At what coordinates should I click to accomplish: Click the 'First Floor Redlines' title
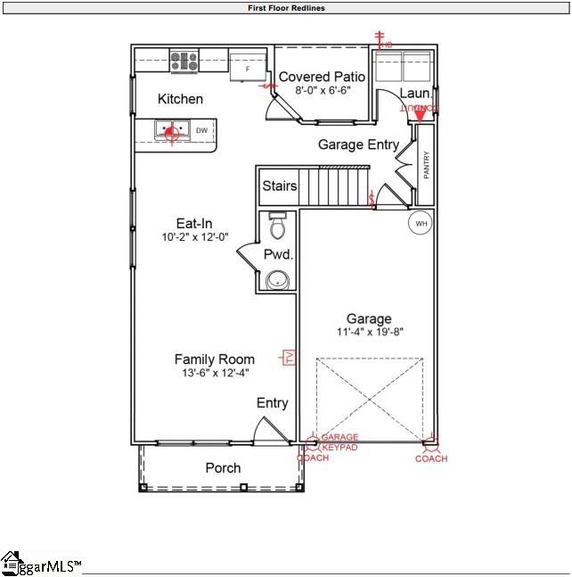point(286,7)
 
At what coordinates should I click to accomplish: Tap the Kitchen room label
point(180,99)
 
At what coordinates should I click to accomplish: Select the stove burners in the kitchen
point(184,61)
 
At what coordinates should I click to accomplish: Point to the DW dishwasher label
point(201,131)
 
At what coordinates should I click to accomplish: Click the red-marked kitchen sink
point(170,131)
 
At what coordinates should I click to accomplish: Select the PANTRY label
point(427,165)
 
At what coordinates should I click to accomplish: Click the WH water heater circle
point(419,222)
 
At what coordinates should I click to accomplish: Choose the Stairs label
point(280,186)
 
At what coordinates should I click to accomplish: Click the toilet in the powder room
point(277,227)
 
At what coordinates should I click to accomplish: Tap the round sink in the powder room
point(278,280)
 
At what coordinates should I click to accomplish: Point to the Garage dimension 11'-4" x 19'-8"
point(369,333)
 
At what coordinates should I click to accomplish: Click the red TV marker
point(289,358)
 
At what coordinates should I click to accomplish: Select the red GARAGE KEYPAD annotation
point(339,441)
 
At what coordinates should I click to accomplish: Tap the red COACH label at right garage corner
point(431,458)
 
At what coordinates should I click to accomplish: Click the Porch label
point(223,467)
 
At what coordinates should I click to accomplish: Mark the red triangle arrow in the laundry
point(420,114)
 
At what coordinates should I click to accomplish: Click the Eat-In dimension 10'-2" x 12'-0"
point(194,237)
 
